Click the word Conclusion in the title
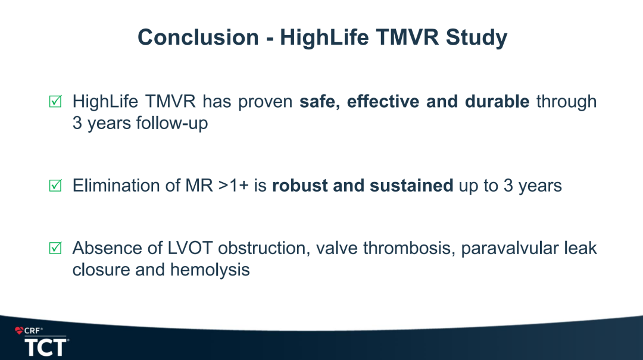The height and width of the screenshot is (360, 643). pos(198,37)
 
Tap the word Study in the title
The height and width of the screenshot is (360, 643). pos(476,38)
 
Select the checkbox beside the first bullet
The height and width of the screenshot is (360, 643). pos(55,101)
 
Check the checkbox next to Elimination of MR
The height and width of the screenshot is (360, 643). pos(55,185)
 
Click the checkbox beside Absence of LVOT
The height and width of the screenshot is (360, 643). pos(55,248)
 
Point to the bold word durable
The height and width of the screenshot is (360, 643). pos(497,101)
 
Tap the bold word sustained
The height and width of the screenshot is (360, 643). pos(411,185)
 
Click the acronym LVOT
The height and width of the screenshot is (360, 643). pos(190,248)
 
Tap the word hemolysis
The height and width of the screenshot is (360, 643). pos(210,270)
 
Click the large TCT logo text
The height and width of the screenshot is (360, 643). pos(46,348)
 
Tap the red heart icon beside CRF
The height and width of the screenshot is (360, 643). pos(19,330)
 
